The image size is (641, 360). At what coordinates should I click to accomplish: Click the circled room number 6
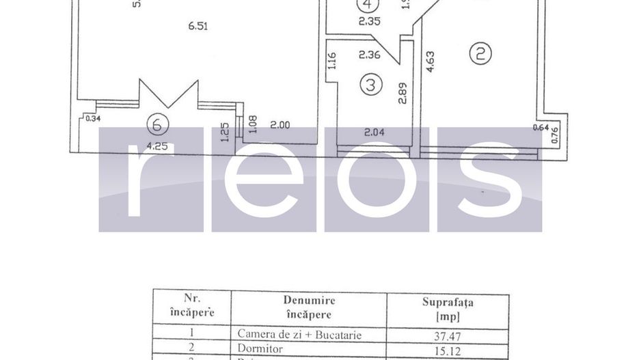(157, 124)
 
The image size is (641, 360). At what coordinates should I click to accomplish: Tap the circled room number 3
(370, 85)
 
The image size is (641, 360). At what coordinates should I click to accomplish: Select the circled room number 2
(480, 54)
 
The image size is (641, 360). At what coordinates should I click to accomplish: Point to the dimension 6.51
(198, 27)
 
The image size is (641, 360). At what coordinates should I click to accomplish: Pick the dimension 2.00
(280, 125)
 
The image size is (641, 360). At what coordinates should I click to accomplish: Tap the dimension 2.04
(372, 133)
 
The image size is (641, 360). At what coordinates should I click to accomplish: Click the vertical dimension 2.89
(403, 92)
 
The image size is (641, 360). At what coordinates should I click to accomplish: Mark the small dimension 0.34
(93, 119)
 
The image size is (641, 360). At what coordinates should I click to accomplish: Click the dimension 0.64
(541, 126)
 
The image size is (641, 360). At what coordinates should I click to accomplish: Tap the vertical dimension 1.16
(332, 62)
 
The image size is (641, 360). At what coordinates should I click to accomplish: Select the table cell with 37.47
(448, 335)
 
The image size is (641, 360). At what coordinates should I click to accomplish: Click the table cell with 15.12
(448, 348)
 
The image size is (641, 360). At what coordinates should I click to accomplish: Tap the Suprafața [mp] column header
(448, 308)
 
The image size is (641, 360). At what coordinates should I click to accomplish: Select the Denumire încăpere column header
(309, 307)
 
